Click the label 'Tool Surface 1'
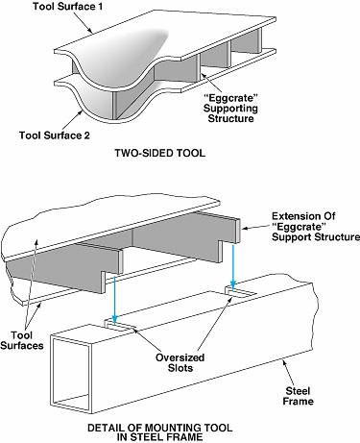(68, 7)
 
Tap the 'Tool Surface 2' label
(55, 135)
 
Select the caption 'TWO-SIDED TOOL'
(160, 153)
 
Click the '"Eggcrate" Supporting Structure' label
(230, 108)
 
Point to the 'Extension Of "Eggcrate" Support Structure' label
(316, 227)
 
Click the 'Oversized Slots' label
(180, 362)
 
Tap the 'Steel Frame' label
(298, 396)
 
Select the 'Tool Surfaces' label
(22, 340)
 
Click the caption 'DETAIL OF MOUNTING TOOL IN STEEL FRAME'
(160, 432)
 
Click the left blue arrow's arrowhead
(114, 318)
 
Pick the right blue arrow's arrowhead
(233, 284)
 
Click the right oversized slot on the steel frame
(240, 291)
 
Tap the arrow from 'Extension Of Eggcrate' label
(255, 227)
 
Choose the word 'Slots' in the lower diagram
(180, 368)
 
